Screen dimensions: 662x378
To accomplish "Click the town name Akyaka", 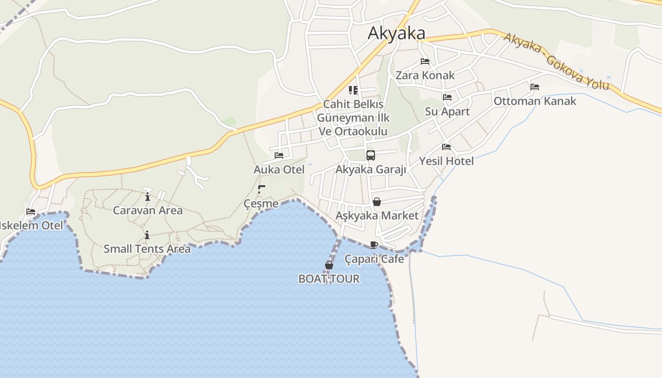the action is [x=396, y=33].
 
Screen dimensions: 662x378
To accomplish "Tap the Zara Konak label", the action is [x=425, y=75].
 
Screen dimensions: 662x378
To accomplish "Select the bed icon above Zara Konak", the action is [x=425, y=61].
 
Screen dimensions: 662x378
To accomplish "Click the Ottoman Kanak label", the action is [x=535, y=101].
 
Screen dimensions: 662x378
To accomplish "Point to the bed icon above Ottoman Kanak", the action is [x=535, y=87].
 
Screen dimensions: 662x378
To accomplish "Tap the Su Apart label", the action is [x=447, y=112].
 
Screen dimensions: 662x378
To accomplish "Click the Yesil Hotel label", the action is [x=446, y=161].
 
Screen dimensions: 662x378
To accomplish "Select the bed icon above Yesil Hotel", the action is [x=446, y=147].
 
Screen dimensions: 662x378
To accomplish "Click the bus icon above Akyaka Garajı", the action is [x=371, y=155].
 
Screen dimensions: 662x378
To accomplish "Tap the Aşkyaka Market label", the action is [x=377, y=216].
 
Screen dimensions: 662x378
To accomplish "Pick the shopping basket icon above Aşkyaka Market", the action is [x=377, y=202].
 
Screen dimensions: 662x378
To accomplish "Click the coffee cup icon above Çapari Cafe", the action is [x=374, y=245].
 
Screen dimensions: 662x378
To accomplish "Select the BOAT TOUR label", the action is [x=329, y=279].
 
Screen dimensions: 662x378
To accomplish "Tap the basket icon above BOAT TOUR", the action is [x=329, y=265].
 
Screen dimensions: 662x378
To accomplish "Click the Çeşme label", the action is [x=261, y=204].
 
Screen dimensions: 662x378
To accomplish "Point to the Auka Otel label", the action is [x=279, y=169].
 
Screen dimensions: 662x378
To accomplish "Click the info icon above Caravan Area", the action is [x=148, y=197].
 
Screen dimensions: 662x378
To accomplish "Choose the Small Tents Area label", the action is [x=147, y=249].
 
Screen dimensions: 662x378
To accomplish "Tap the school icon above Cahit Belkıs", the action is [x=353, y=90].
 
